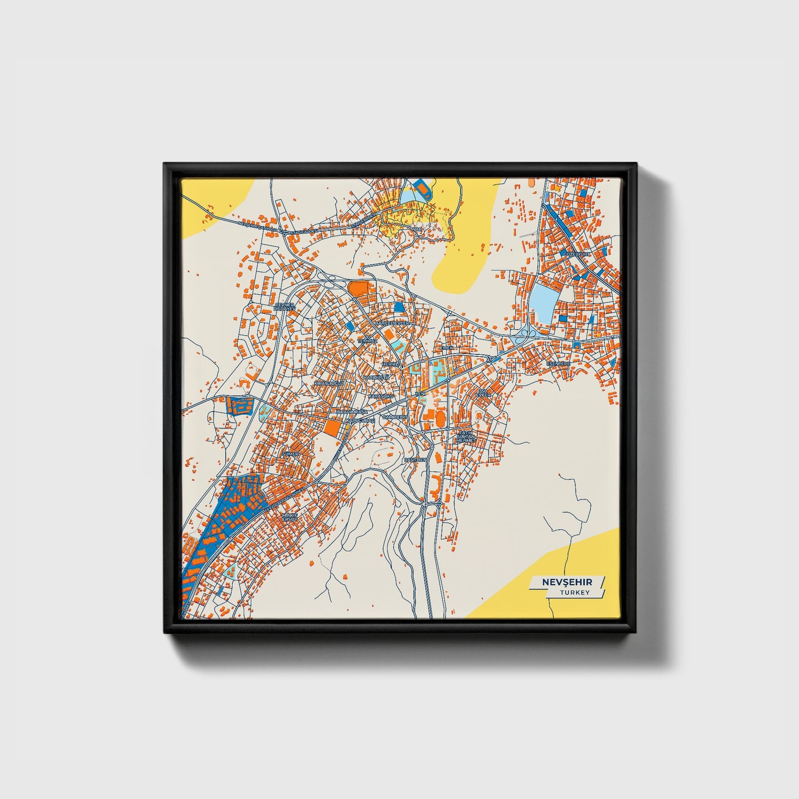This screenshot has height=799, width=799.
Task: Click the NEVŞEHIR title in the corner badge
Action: pos(567,582)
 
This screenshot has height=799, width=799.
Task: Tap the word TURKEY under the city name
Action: pos(574,592)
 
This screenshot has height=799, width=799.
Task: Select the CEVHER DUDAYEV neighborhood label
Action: pos(285,306)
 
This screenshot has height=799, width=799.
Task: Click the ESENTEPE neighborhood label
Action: pos(558,363)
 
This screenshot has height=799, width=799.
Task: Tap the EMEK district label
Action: pos(447,348)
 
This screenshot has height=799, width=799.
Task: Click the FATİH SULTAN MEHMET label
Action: pos(466,436)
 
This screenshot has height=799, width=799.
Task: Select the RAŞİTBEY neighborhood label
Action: pos(415,459)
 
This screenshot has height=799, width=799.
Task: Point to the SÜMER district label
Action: pos(290,454)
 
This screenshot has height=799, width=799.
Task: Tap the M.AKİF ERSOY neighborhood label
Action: pos(290,517)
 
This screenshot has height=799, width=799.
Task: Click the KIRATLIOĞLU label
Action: pos(329,383)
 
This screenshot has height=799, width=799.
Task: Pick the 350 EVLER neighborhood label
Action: pos(483,393)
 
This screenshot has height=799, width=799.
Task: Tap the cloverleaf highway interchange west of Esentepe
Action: pos(523,335)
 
